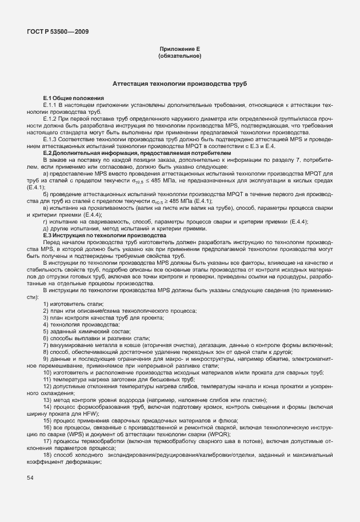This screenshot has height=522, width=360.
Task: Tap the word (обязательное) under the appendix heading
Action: pos(179,57)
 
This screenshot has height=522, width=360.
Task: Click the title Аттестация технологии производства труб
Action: pos(179,83)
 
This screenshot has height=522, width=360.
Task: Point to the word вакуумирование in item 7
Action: pos(71,345)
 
